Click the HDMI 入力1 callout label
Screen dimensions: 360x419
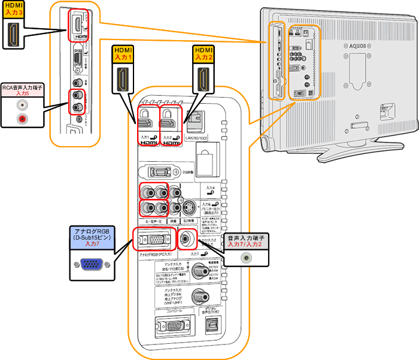click(123, 56)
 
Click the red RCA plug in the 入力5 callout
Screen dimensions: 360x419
click(23, 120)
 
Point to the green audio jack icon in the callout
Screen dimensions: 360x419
click(245, 258)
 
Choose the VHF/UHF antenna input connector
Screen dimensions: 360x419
click(199, 297)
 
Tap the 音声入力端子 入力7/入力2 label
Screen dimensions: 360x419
click(245, 241)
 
